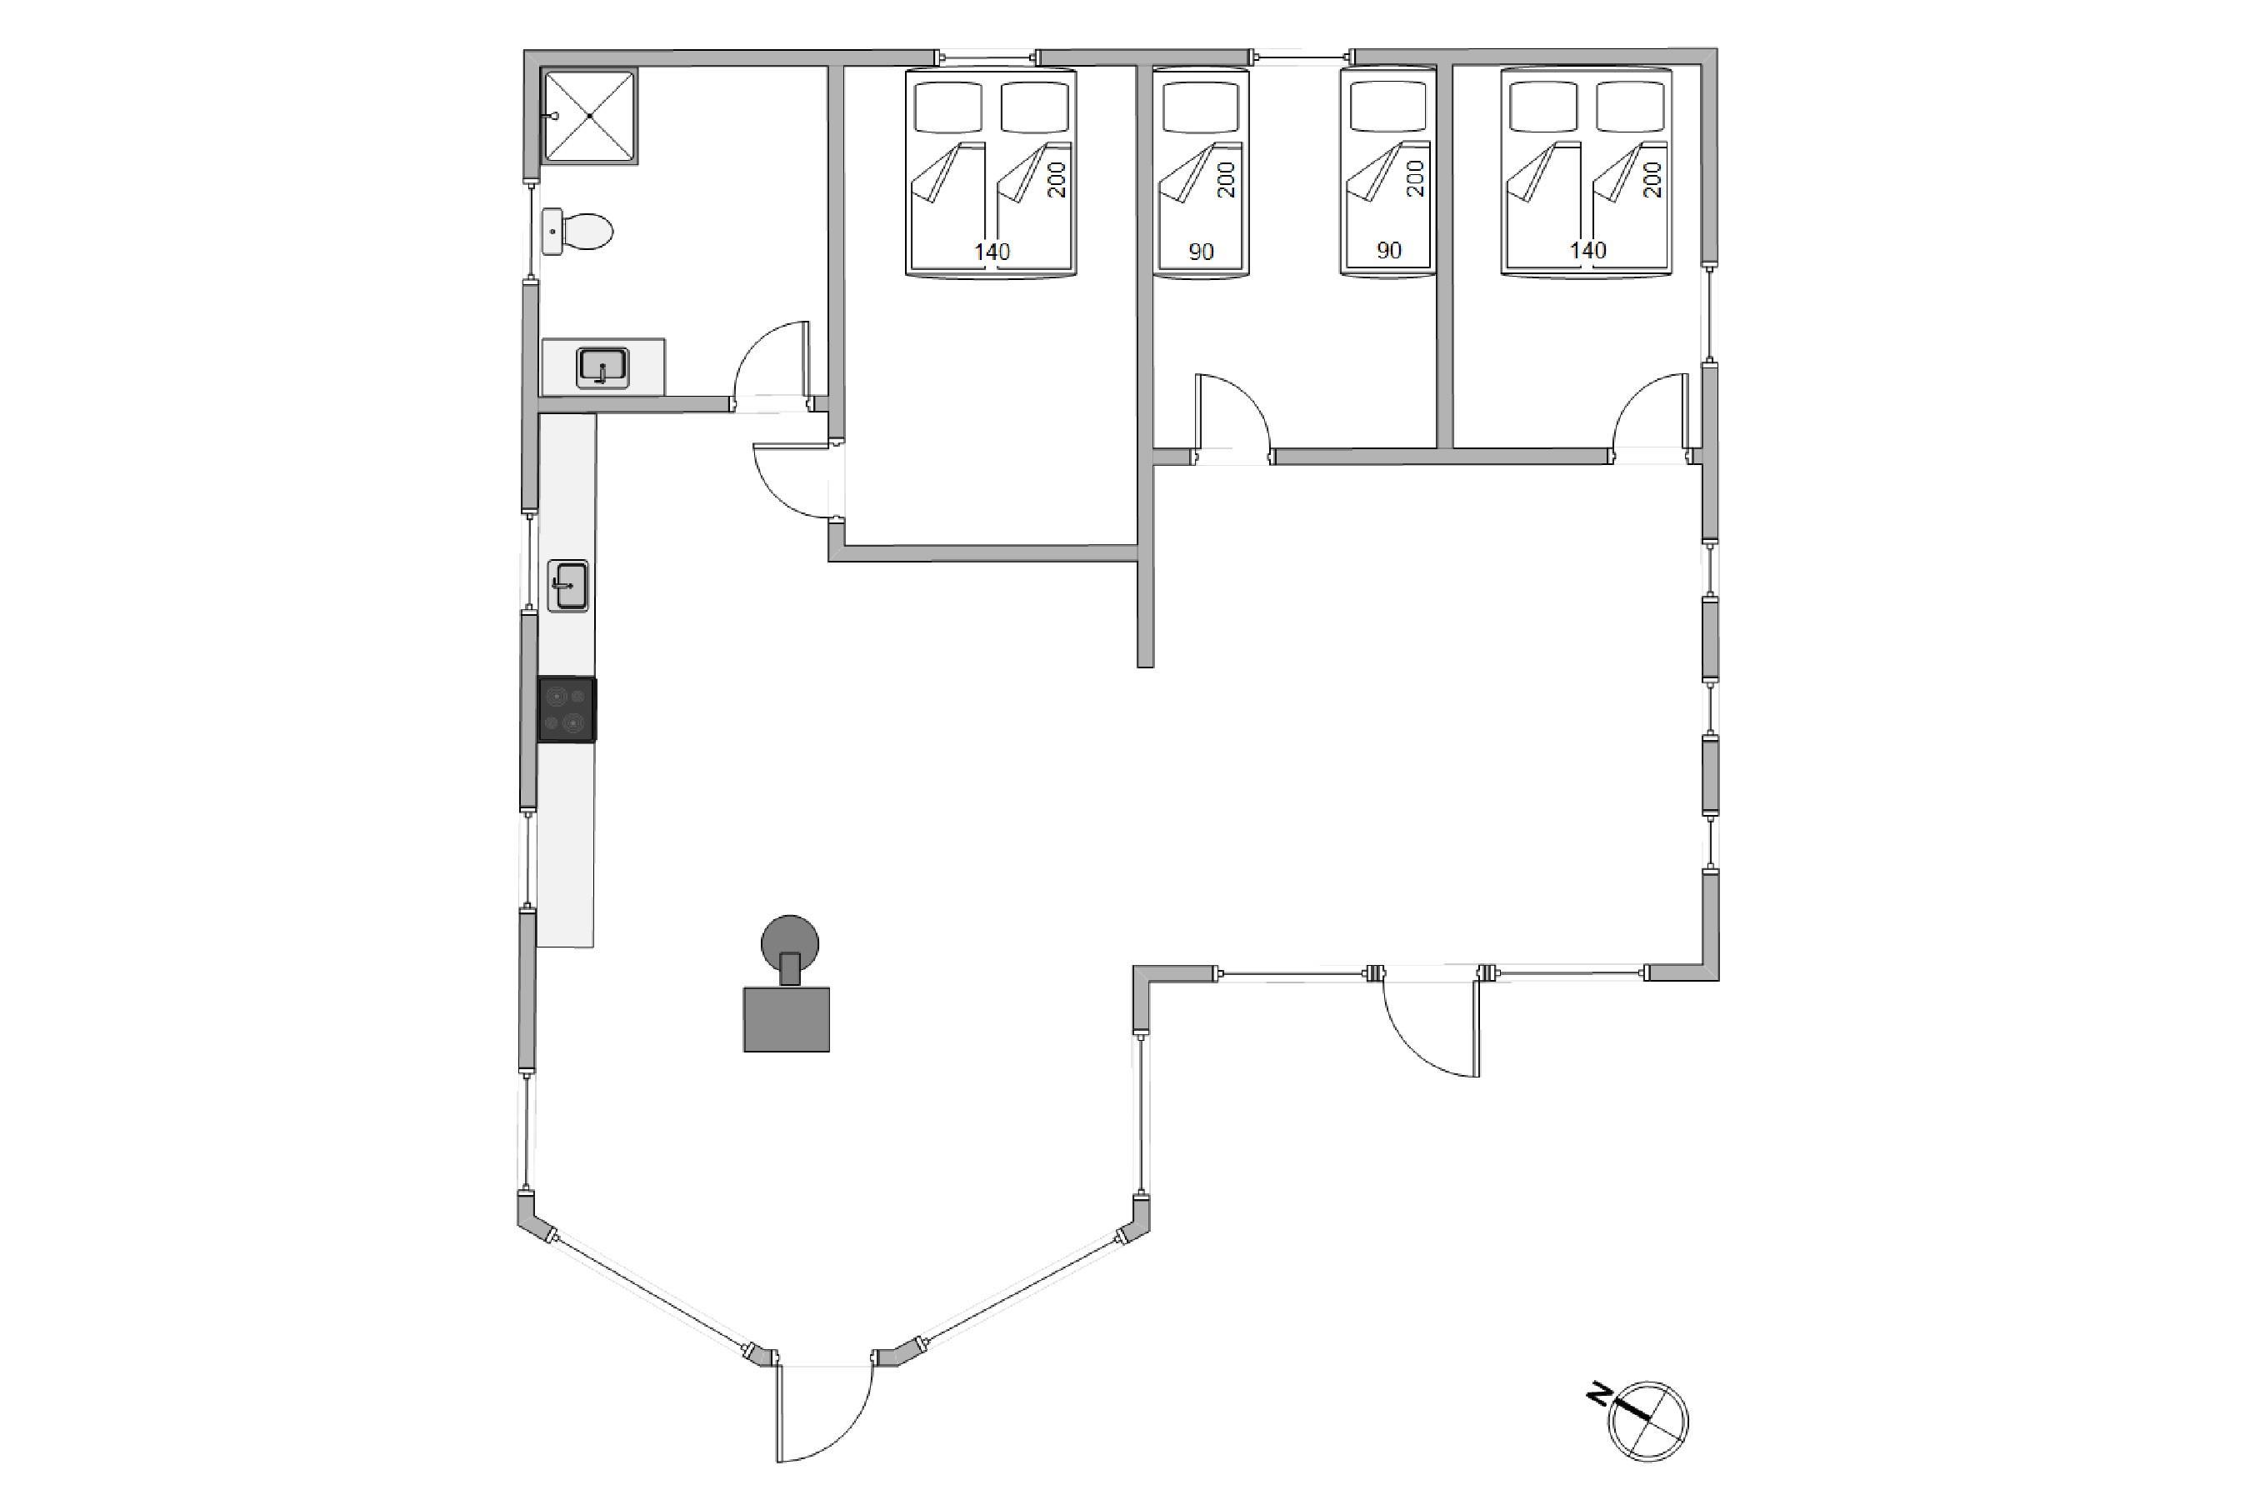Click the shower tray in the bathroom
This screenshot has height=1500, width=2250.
point(589,116)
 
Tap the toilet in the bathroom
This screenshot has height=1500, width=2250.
point(577,232)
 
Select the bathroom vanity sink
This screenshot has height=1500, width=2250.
point(602,367)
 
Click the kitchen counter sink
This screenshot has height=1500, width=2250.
point(567,586)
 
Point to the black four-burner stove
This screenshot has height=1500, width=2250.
point(567,710)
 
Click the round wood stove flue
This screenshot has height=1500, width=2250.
point(789,943)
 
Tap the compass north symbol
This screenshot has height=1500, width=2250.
point(1647,1421)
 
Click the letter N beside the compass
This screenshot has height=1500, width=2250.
point(1597,1396)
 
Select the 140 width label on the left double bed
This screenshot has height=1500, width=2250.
point(992,252)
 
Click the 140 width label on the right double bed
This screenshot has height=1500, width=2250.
point(1588,251)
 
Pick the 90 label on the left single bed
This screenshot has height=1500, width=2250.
point(1201,252)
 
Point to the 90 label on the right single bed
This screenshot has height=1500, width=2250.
point(1388,251)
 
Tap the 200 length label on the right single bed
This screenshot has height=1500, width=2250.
point(1416,179)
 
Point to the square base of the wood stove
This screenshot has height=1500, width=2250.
point(787,1019)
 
